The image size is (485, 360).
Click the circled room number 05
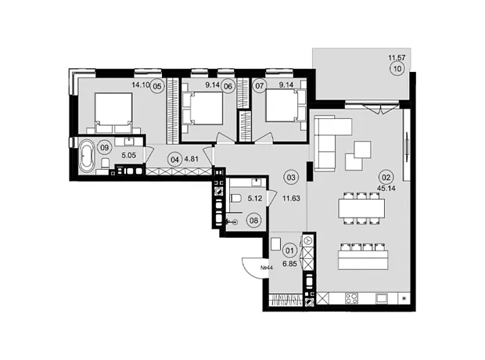coord(157,86)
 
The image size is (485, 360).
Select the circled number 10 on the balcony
coord(397,68)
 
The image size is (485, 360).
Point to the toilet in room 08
coord(235,198)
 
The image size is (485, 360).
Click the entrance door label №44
coord(266,268)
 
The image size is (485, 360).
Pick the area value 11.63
coord(291,199)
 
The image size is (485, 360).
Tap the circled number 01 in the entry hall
coord(289,250)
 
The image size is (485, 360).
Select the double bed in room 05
coord(114,113)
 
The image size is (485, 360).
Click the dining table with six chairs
coord(361,208)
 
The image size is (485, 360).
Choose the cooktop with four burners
coord(352,298)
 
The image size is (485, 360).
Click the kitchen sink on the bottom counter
coord(382,298)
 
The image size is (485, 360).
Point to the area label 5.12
coord(255,199)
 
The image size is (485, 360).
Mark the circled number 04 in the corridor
coord(174,160)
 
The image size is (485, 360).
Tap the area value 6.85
coord(289,264)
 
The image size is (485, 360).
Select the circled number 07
coord(260,86)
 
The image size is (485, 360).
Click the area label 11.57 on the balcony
coord(397,58)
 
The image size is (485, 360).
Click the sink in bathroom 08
coord(256,182)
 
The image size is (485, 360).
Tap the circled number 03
coord(291,178)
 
